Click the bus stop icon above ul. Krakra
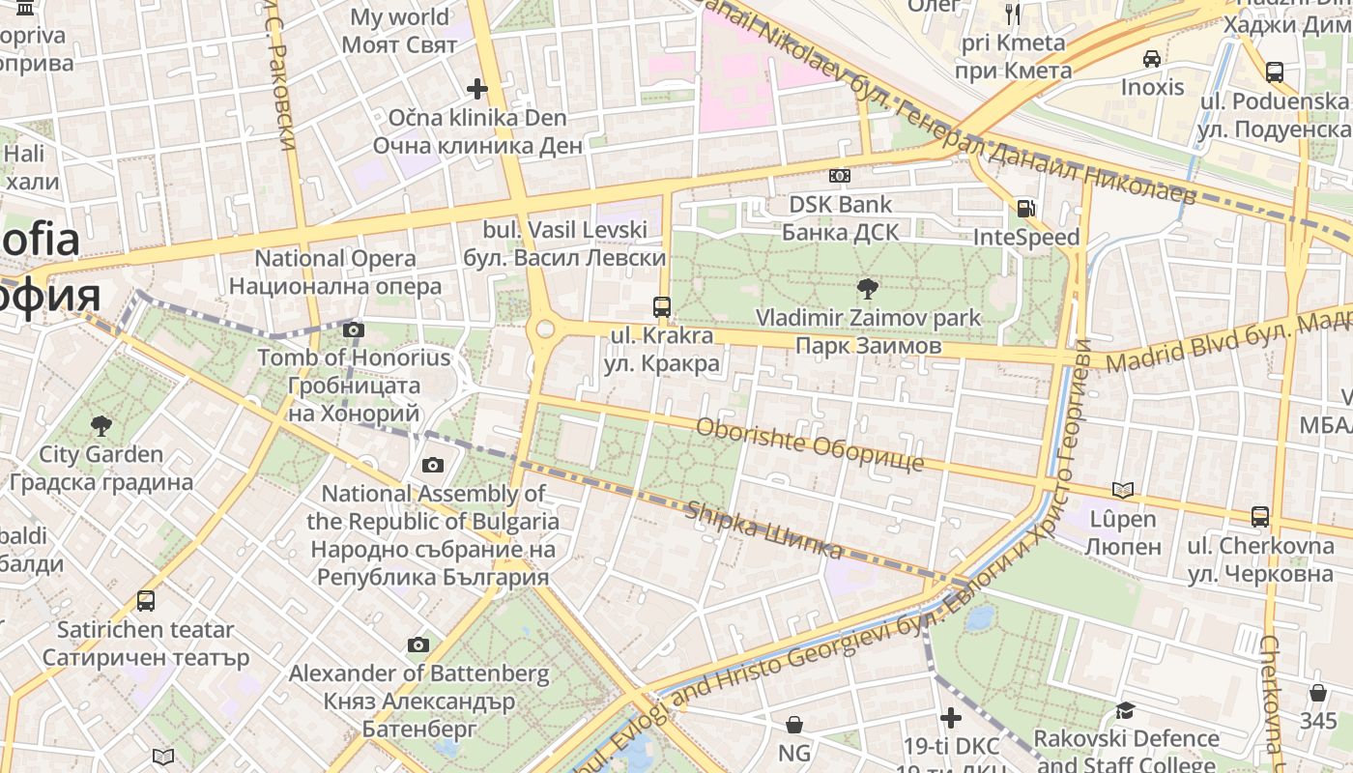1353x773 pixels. [662, 307]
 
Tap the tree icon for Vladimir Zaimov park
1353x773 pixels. [868, 288]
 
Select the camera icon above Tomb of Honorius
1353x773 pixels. [354, 330]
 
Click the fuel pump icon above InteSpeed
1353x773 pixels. [1025, 208]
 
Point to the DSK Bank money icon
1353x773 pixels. [840, 176]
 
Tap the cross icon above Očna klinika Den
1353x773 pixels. [477, 89]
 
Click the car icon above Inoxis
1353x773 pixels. [1152, 59]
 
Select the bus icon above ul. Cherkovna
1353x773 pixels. [1260, 516]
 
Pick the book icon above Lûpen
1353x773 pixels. [1122, 490]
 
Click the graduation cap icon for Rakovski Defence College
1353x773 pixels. [1125, 710]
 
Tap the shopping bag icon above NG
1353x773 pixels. [794, 724]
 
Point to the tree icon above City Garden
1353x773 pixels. [101, 425]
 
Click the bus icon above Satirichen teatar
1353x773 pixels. [146, 601]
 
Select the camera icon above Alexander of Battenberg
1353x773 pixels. [418, 644]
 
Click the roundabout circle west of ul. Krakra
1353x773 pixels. [545, 329]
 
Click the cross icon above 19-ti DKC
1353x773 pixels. [951, 718]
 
